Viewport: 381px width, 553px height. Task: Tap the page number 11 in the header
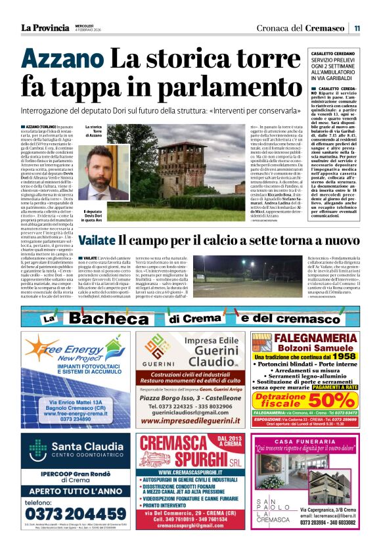tap(357, 28)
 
